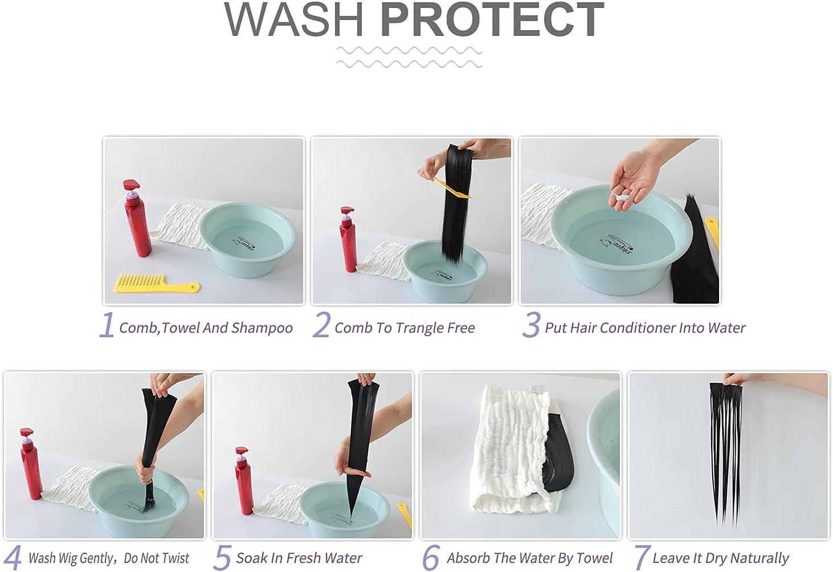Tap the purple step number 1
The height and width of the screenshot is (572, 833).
pos(107,325)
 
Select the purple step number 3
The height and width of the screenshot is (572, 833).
pos(531,325)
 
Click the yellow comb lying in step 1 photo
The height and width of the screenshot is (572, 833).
pos(157,284)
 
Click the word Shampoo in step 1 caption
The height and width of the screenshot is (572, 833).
pos(262,328)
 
